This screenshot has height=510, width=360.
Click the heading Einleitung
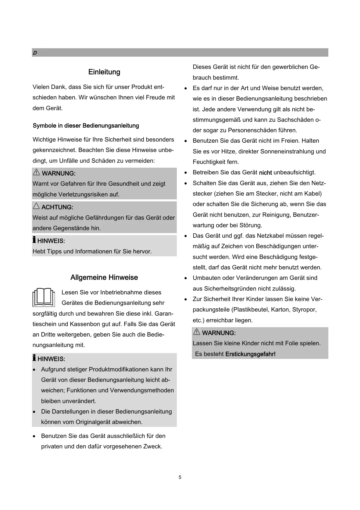[104, 72]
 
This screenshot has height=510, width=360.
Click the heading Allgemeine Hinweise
[104, 278]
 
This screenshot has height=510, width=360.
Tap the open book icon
[44, 297]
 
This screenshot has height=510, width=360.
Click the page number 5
[180, 477]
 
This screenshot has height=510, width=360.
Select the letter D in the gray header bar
[35, 53]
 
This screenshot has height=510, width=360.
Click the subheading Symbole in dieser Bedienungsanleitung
[86, 126]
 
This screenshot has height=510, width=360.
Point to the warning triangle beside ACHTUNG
[36, 206]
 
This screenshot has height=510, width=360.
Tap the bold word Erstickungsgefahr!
[250, 354]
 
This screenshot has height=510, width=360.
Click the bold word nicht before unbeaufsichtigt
[265, 173]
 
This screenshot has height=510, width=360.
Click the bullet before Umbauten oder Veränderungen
[186, 278]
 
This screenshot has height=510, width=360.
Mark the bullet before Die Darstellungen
[35, 412]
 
